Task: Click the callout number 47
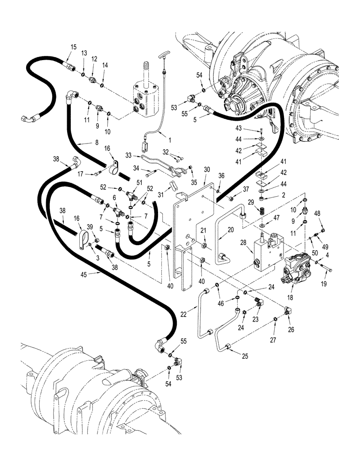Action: (277, 218)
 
